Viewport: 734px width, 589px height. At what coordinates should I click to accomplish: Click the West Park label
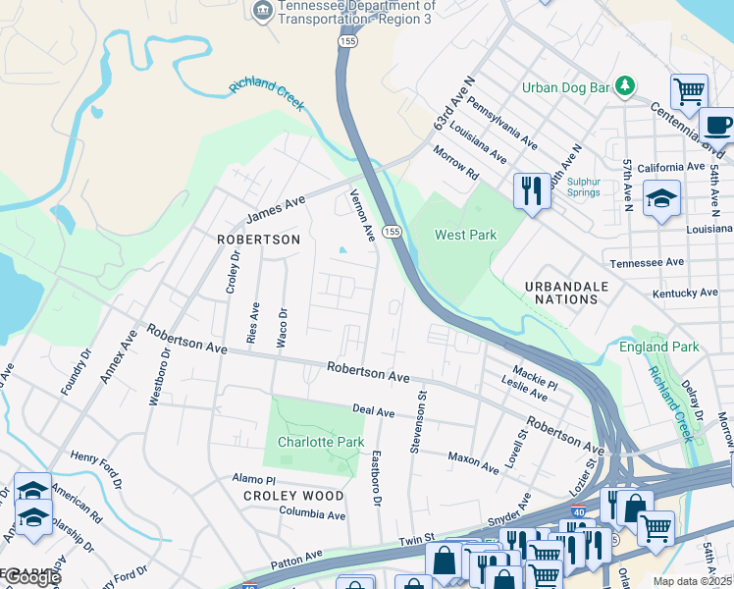point(466,235)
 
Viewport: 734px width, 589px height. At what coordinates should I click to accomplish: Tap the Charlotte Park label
point(321,442)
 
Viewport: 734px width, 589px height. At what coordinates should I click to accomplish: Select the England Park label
point(658,347)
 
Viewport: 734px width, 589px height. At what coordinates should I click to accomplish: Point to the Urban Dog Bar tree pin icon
point(625,87)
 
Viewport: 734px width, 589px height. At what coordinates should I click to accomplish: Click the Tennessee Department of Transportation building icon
point(262,11)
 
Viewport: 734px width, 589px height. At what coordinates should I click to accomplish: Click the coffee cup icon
point(717,127)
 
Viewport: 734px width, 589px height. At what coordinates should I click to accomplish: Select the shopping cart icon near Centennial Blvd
point(689,92)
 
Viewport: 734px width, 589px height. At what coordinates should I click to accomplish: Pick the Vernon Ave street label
point(363,216)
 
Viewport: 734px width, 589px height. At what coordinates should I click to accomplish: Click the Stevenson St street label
point(419,423)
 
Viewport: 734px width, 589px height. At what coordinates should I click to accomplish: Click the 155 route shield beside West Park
point(392,231)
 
